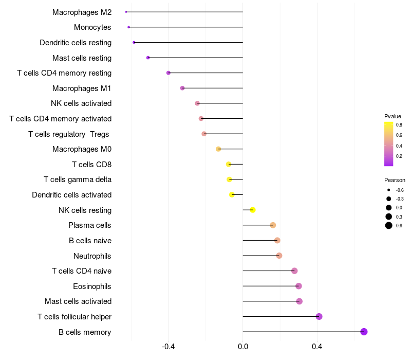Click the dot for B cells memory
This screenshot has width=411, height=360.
[x=364, y=332]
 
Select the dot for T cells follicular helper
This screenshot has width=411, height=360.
[x=319, y=316]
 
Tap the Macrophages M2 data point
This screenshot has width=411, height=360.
[x=126, y=12]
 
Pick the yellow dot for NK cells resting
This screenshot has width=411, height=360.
[x=253, y=210]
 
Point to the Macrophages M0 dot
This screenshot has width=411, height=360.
[x=218, y=149]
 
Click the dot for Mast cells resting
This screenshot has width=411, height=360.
[x=148, y=58]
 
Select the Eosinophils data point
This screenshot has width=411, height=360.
[x=298, y=286]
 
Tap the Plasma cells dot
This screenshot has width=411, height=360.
[x=273, y=225]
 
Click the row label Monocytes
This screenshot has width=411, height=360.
[x=92, y=27]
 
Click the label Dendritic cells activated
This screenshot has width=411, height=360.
[x=71, y=195]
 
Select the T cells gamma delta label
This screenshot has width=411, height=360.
[x=78, y=179]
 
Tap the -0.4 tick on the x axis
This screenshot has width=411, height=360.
[x=169, y=347]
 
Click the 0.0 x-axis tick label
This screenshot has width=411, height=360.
[x=243, y=347]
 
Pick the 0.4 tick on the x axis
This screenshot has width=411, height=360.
[x=317, y=347]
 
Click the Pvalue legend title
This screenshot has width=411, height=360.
[x=393, y=116]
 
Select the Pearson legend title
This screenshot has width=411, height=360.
[x=395, y=180]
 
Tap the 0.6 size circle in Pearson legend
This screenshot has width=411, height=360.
[x=389, y=225]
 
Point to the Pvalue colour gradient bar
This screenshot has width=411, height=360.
[x=389, y=144]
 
